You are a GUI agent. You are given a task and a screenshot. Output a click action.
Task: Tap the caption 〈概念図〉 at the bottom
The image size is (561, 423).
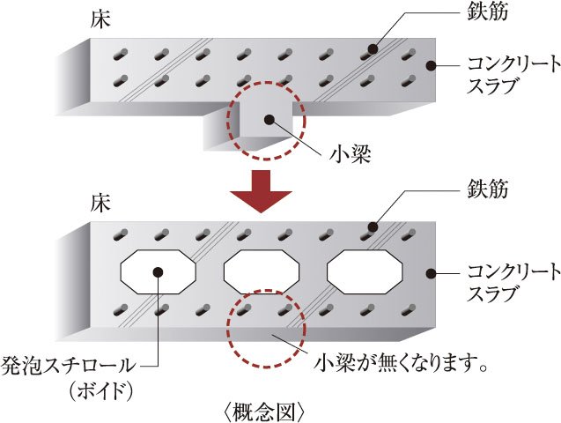[265, 410]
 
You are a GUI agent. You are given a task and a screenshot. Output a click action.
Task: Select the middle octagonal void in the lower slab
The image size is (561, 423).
[262, 271]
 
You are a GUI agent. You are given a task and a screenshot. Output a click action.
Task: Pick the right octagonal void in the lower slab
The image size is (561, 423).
[365, 271]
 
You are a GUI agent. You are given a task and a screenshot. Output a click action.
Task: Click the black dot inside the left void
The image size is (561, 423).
[158, 271]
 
